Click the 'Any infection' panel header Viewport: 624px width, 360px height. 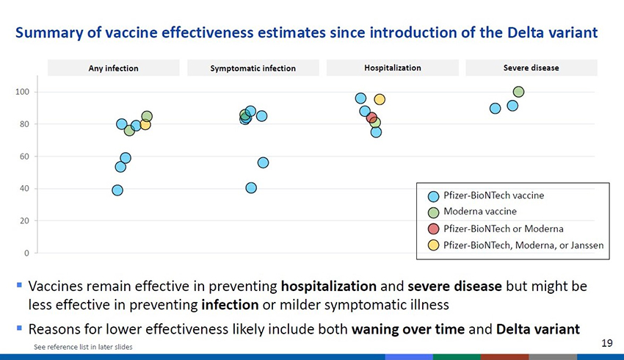(x=114, y=68)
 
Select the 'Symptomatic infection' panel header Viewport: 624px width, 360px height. (x=253, y=68)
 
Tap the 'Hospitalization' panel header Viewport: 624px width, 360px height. (x=392, y=68)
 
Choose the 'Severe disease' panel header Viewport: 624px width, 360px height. (x=531, y=68)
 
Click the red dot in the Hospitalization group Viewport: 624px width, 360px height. (x=371, y=118)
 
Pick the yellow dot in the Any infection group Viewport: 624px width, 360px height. (x=145, y=124)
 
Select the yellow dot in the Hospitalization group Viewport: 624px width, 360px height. (x=380, y=99)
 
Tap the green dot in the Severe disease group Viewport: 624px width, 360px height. (x=518, y=92)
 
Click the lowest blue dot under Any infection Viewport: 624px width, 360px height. (x=117, y=190)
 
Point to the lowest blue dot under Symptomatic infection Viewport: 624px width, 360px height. (x=251, y=188)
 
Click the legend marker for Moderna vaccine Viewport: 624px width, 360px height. (x=433, y=212)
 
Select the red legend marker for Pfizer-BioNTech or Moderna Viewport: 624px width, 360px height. (x=433, y=228)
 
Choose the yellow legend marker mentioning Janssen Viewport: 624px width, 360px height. (x=433, y=244)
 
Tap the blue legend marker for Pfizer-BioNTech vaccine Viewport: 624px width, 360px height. (x=433, y=195)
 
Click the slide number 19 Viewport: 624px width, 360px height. (x=606, y=342)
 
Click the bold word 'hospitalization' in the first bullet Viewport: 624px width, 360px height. (x=329, y=285)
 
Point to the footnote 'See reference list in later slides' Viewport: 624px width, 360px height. (x=83, y=346)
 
